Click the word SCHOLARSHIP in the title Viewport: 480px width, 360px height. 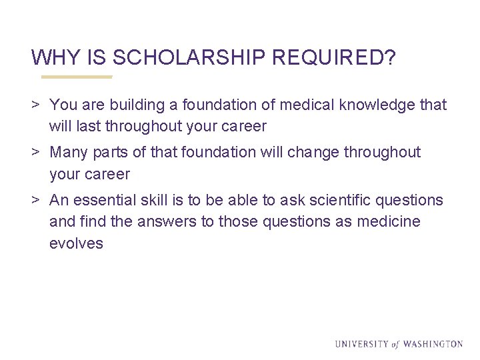pos(189,58)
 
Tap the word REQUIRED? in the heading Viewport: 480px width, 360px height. pos(334,58)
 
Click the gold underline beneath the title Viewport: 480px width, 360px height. pos(77,77)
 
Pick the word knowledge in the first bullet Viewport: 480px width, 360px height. pos(379,105)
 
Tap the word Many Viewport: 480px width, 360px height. pos(69,152)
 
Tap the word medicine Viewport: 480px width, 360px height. pos(391,221)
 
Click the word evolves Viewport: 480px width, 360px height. pos(76,243)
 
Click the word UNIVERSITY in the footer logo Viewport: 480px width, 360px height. pos(361,344)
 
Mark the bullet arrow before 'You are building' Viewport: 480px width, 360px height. pos(36,105)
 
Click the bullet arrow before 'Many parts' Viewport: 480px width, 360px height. pos(36,152)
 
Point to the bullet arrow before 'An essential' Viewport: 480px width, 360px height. pos(36,200)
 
